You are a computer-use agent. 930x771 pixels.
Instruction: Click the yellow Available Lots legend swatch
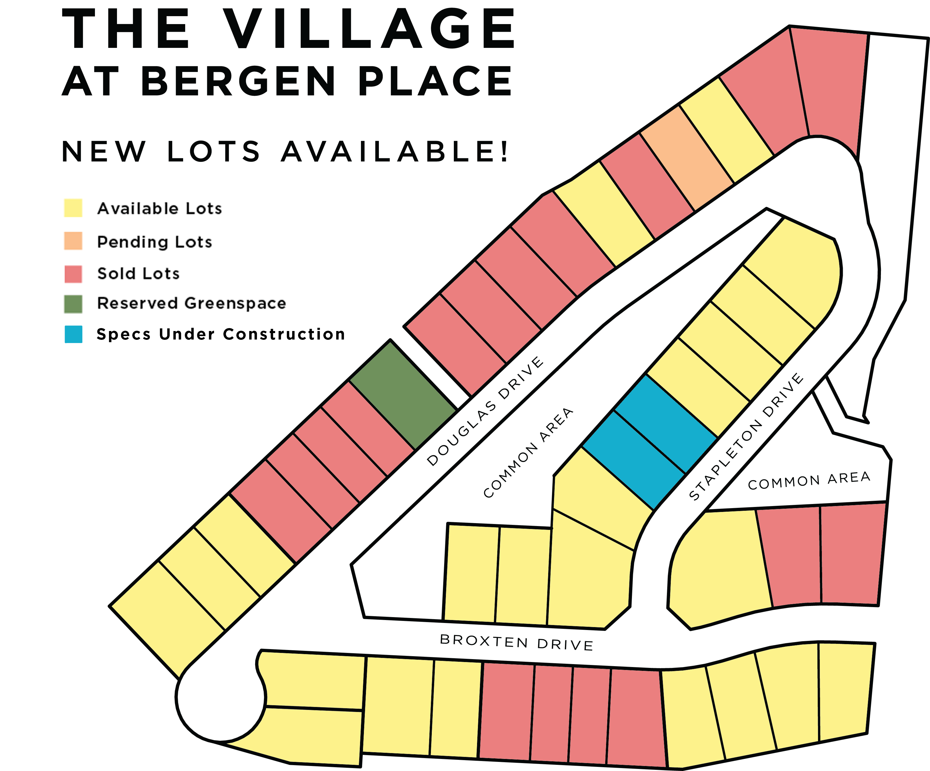73,208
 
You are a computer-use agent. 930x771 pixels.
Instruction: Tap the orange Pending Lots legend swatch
73,241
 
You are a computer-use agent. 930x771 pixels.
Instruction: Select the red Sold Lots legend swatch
73,274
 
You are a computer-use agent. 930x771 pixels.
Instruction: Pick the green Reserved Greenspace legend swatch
73,304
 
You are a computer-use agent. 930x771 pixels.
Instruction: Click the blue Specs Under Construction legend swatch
73,334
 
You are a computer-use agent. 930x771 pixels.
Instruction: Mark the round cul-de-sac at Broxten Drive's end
220,697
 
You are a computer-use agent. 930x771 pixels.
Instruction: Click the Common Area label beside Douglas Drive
528,453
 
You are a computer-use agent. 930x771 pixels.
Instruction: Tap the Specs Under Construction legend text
220,334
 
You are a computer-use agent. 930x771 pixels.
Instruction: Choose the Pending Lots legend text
155,242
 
